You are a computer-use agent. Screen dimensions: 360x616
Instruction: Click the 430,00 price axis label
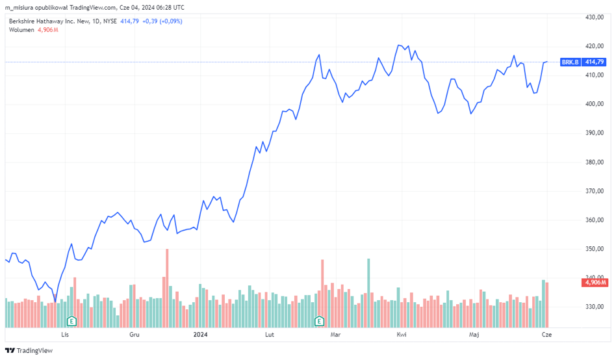point(595,17)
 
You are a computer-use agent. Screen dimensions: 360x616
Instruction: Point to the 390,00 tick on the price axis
point(595,133)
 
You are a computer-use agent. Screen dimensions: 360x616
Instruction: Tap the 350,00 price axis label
point(595,249)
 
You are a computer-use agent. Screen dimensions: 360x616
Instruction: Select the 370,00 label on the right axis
point(595,191)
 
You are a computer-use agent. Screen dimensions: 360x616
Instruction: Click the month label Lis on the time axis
point(64,335)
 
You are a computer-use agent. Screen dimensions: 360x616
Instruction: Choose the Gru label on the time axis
point(135,335)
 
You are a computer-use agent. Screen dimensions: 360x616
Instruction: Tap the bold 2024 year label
point(200,335)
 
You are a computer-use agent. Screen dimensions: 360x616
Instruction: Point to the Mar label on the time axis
point(335,335)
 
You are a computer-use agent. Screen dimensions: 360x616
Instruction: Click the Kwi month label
point(402,335)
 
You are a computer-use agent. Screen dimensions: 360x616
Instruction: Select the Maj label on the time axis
point(473,335)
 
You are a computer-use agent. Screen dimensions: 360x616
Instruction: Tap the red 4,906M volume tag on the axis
point(595,282)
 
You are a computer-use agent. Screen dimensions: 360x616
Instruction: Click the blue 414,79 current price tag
point(595,62)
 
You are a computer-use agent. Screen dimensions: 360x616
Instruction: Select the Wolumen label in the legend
point(21,31)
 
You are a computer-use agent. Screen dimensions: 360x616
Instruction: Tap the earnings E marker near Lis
point(72,321)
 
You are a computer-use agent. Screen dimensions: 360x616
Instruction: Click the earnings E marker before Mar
point(319,321)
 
